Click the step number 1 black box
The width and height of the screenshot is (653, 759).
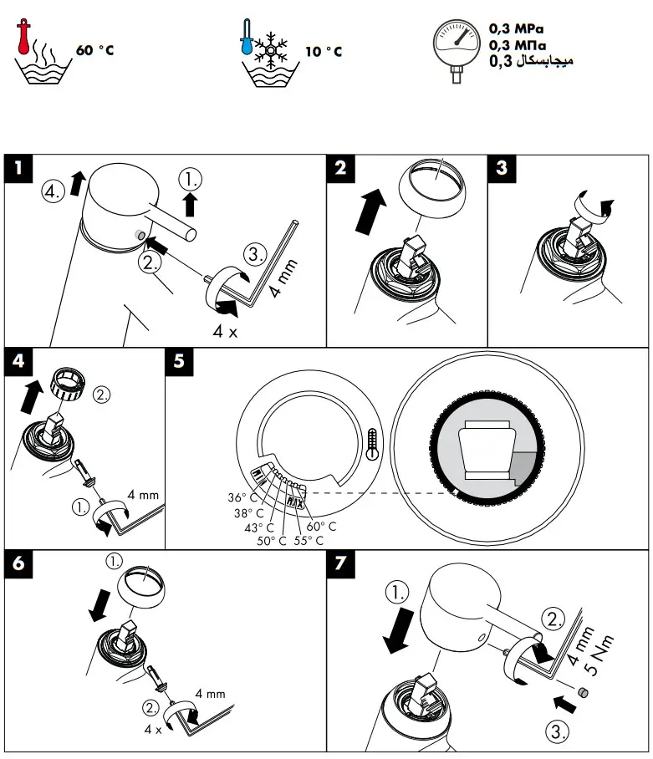pos(18,168)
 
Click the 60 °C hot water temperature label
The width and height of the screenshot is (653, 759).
pos(94,51)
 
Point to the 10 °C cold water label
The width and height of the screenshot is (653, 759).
pos(324,52)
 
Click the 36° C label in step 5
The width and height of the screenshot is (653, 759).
pos(244,498)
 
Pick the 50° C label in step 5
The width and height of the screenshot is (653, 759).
pos(271,540)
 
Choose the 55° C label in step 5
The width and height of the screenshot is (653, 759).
pos(309,540)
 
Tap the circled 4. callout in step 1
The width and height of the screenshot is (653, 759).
pos(53,191)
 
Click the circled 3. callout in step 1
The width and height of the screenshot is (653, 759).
pos(255,252)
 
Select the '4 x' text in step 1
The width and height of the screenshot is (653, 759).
pos(224,330)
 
